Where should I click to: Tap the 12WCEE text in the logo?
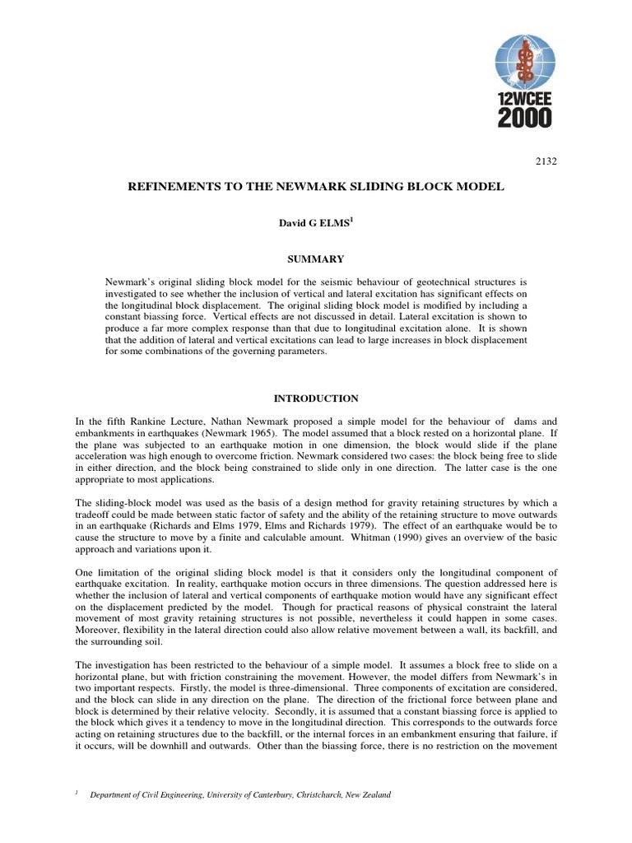tap(524, 98)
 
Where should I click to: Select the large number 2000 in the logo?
tap(524, 117)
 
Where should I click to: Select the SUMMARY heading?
tap(316, 258)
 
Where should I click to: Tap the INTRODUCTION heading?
tap(316, 398)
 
